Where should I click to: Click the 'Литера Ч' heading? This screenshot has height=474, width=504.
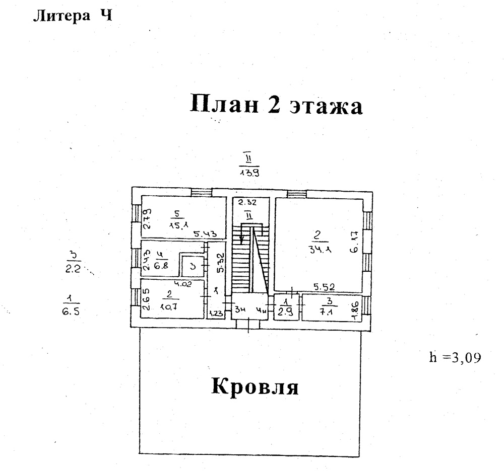pos(71,17)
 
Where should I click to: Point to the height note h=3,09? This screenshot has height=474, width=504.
pos(455,358)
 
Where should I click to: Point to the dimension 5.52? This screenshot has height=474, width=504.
pos(325,287)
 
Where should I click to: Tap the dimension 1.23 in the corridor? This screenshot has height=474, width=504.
pos(215,312)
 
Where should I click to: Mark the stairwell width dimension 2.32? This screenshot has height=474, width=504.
pos(247,202)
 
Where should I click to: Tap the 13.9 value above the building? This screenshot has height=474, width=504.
pos(249,172)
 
